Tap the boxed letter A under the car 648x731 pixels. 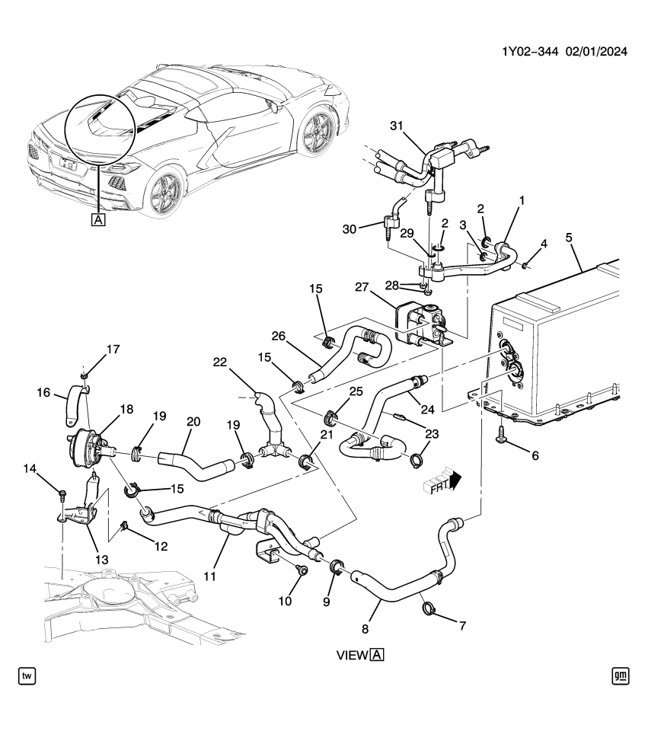pos(97,221)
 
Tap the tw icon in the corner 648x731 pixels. pos(27,675)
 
